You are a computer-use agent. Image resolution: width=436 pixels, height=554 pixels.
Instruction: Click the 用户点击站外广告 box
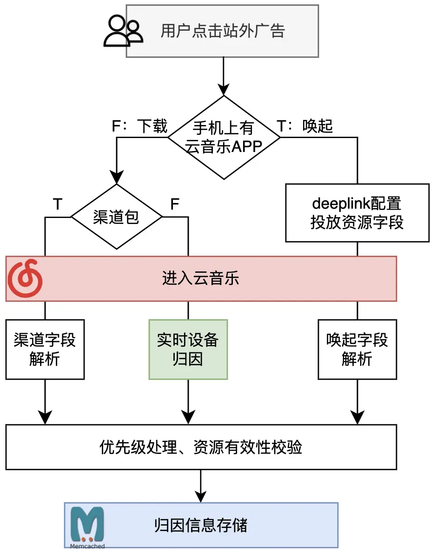222,31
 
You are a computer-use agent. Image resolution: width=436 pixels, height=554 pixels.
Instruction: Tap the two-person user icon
122,31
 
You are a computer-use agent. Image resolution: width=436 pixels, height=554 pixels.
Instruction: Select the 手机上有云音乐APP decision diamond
224,137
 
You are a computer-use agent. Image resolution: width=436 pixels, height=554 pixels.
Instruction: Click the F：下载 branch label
139,126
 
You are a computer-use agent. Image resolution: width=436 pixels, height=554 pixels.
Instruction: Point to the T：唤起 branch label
305,126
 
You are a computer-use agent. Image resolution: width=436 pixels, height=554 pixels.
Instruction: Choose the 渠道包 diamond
116,217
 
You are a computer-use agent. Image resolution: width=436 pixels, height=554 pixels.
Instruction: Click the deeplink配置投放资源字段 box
357,213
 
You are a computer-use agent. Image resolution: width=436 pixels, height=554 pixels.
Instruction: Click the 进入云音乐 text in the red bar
200,279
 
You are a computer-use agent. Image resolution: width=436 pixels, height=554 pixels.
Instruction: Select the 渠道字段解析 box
45,349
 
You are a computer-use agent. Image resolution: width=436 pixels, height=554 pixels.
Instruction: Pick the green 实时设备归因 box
188,349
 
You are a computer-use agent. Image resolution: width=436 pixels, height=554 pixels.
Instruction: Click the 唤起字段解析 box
357,349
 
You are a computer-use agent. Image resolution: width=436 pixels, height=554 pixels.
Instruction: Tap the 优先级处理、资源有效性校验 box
201,447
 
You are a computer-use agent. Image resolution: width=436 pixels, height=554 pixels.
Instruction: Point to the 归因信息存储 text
201,525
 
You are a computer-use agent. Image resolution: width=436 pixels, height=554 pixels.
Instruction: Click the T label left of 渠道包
58,204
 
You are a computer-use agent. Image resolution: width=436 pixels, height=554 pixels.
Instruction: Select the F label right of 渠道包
175,204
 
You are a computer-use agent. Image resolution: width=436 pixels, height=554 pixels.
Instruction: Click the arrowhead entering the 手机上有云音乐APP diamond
224,90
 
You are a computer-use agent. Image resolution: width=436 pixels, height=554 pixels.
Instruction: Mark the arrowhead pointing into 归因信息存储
201,496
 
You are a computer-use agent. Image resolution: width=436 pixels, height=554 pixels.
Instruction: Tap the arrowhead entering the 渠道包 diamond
116,178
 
